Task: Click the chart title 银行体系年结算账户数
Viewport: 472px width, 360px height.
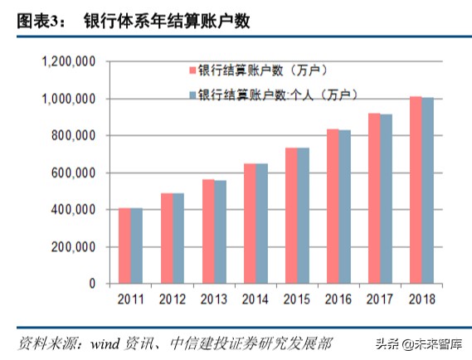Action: click(166, 22)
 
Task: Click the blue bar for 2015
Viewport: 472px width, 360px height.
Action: click(303, 216)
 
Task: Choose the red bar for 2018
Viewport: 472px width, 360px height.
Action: click(416, 190)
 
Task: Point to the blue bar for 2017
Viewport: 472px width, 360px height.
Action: click(387, 199)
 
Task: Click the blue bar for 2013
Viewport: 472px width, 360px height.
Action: click(219, 232)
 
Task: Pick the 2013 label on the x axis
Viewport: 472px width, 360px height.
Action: click(214, 299)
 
